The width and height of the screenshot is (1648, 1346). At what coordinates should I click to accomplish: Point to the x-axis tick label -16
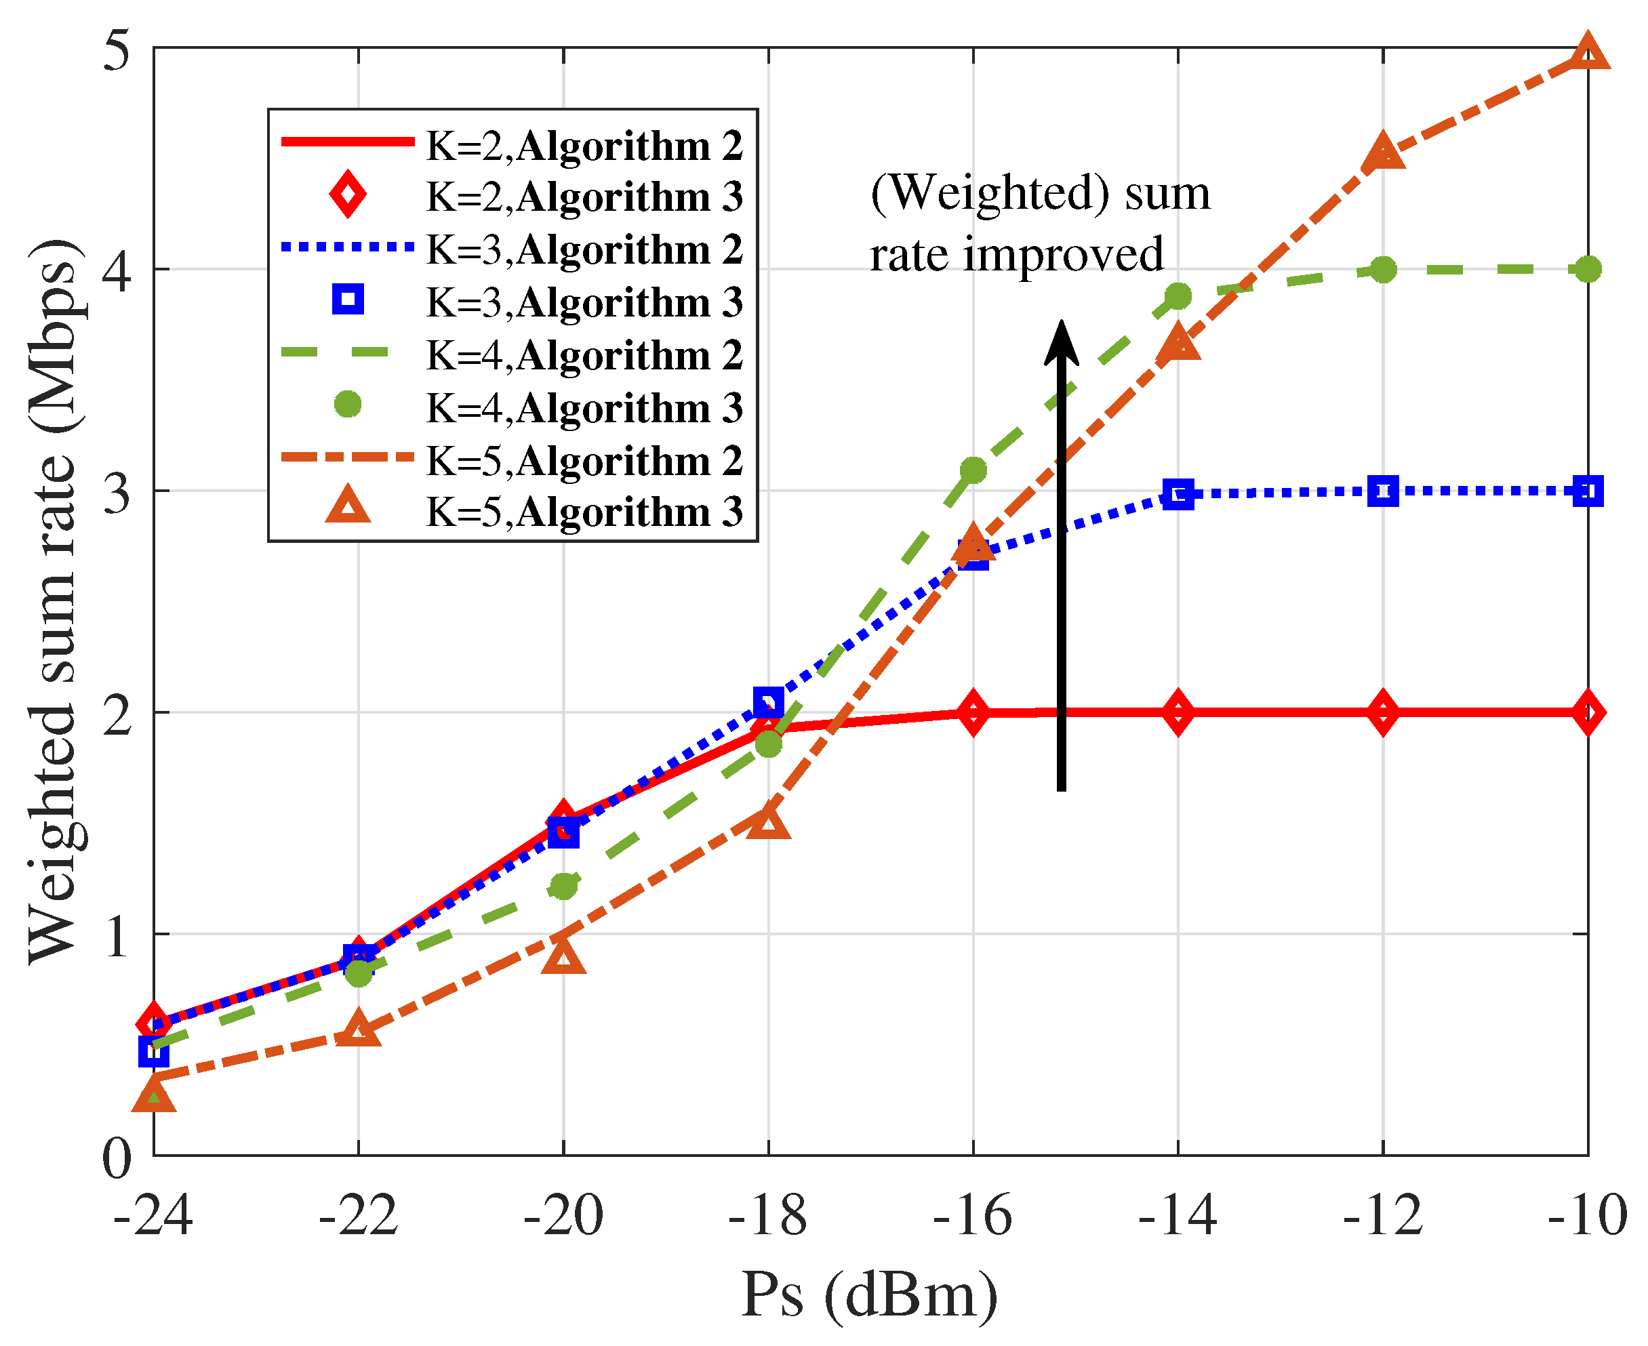973,1215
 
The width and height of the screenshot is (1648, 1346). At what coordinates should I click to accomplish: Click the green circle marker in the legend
348,404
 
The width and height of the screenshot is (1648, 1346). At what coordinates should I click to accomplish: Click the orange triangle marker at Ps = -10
1588,54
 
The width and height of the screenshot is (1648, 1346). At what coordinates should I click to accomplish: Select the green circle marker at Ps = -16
973,470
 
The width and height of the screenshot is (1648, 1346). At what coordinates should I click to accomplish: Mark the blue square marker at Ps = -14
1178,494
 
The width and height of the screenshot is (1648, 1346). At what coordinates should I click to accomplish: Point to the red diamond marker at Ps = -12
1383,712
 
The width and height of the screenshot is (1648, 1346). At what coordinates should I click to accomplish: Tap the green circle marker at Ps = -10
1588,270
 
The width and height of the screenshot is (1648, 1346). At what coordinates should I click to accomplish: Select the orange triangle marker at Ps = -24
154,1095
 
